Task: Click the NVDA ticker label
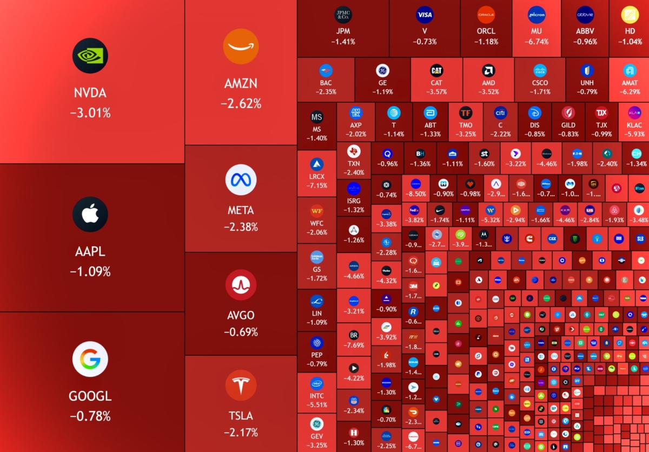pos(90,93)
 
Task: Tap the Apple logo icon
pos(90,214)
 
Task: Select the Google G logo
pos(90,359)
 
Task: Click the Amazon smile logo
pos(241,46)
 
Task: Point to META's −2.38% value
pos(241,227)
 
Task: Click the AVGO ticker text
pos(241,315)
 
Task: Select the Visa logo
pos(425,15)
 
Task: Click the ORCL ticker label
pos(486,31)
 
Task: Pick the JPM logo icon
pos(343,15)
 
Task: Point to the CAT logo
pos(436,70)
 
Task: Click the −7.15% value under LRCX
pos(317,185)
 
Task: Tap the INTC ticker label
pos(317,395)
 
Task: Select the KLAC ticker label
pos(634,125)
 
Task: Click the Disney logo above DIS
pos(535,112)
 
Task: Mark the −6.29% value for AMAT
pos(630,92)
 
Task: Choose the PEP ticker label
pos(317,355)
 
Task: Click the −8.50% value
pos(416,194)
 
